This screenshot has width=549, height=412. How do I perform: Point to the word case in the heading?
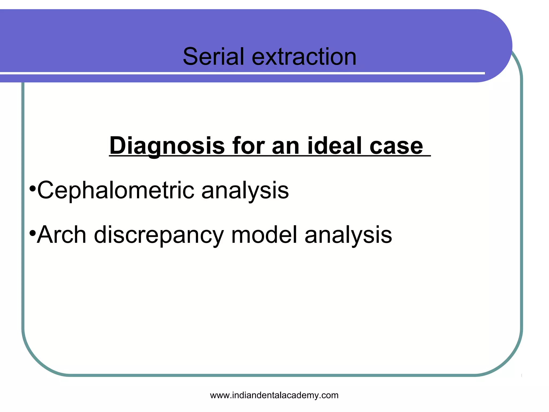click(x=396, y=146)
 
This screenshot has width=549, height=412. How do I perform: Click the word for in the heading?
click(x=248, y=146)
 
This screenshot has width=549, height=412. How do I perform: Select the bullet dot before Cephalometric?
click(x=32, y=188)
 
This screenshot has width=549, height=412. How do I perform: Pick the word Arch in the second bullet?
click(x=61, y=235)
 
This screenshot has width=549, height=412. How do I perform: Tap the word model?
click(x=264, y=235)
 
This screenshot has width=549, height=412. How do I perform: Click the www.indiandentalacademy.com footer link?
click(x=274, y=395)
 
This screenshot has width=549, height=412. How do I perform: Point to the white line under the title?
click(x=241, y=73)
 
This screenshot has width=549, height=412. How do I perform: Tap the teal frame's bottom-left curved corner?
click(x=38, y=359)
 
